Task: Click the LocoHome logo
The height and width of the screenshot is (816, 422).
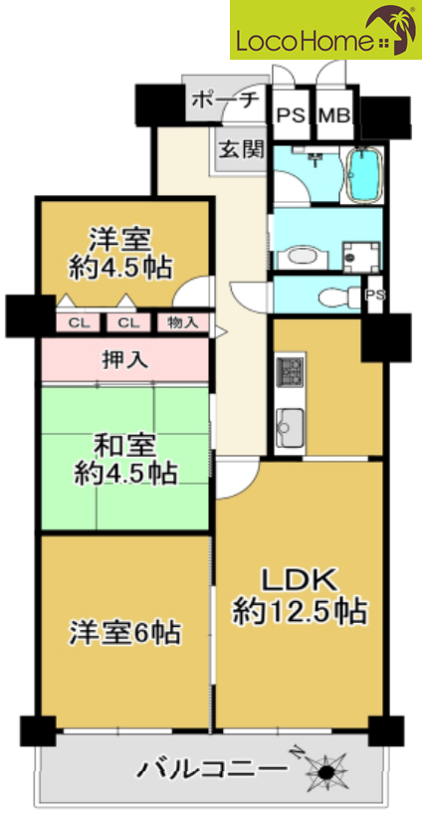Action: (x=325, y=30)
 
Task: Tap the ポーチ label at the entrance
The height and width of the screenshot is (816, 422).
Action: (x=225, y=100)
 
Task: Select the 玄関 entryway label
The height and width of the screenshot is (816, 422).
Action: (x=241, y=150)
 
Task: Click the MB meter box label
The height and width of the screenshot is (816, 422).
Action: (x=334, y=115)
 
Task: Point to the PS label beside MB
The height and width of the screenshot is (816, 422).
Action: (x=291, y=115)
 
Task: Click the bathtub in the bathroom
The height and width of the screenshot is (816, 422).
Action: (x=363, y=173)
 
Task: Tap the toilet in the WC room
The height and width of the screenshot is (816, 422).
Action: (x=335, y=299)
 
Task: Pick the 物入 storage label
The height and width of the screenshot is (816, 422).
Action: (x=183, y=322)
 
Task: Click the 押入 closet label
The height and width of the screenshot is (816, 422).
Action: (x=124, y=361)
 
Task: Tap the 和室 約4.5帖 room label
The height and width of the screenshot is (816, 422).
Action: (x=124, y=461)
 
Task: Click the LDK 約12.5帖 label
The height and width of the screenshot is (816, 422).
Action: (x=301, y=596)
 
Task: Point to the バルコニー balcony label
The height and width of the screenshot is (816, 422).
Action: (x=212, y=768)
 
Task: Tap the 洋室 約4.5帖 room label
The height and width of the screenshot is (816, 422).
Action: (x=120, y=254)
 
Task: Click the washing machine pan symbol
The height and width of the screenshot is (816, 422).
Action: (x=361, y=256)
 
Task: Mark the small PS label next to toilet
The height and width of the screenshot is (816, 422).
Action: (x=375, y=296)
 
